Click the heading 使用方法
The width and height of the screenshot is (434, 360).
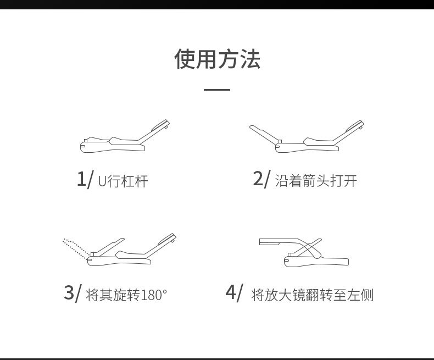pos(217,59)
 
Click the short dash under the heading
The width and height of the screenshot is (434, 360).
pos(217,90)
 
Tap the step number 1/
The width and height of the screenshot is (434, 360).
pos(85,179)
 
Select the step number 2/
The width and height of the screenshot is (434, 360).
pos(261,179)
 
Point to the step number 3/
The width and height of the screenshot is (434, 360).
pos(73,292)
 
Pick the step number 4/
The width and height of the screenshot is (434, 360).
pos(233,292)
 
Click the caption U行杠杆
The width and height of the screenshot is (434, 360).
pos(123,181)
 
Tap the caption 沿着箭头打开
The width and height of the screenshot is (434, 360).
pos(316,181)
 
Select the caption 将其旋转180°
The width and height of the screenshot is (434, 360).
pos(126,295)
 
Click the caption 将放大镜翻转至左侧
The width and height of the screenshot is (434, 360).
pos(312,295)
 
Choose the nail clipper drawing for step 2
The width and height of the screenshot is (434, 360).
pos(308,137)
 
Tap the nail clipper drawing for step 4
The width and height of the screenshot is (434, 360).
pos(305,253)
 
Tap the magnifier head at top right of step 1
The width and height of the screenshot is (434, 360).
pos(162,125)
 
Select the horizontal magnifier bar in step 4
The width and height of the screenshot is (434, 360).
pos(277,241)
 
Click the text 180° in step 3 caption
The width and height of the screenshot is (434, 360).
pos(154,295)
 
